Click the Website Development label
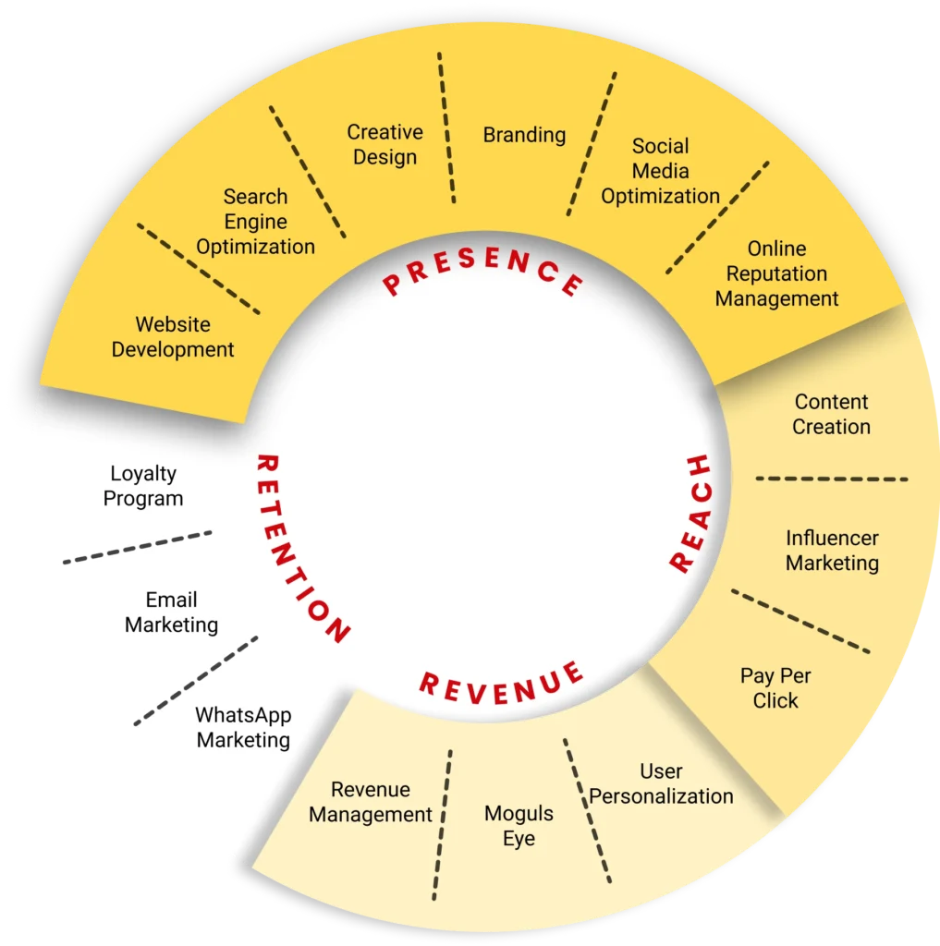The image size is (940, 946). click(x=173, y=337)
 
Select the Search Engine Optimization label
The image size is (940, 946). click(x=255, y=222)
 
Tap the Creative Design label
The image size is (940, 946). click(x=385, y=145)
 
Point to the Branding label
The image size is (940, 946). click(x=524, y=135)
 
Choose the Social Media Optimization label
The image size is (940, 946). click(x=660, y=171)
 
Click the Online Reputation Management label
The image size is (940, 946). click(x=776, y=273)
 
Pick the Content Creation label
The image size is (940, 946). click(x=831, y=414)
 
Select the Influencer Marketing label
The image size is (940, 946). click(x=832, y=550)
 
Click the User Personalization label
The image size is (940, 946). click(x=661, y=783)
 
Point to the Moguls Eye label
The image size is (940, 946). click(x=519, y=826)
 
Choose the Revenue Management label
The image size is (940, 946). click(x=370, y=802)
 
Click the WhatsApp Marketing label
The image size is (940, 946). click(x=243, y=728)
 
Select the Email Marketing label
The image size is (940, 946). click(x=171, y=612)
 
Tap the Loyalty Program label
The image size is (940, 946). click(x=143, y=486)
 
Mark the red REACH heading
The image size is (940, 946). click(x=690, y=513)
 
